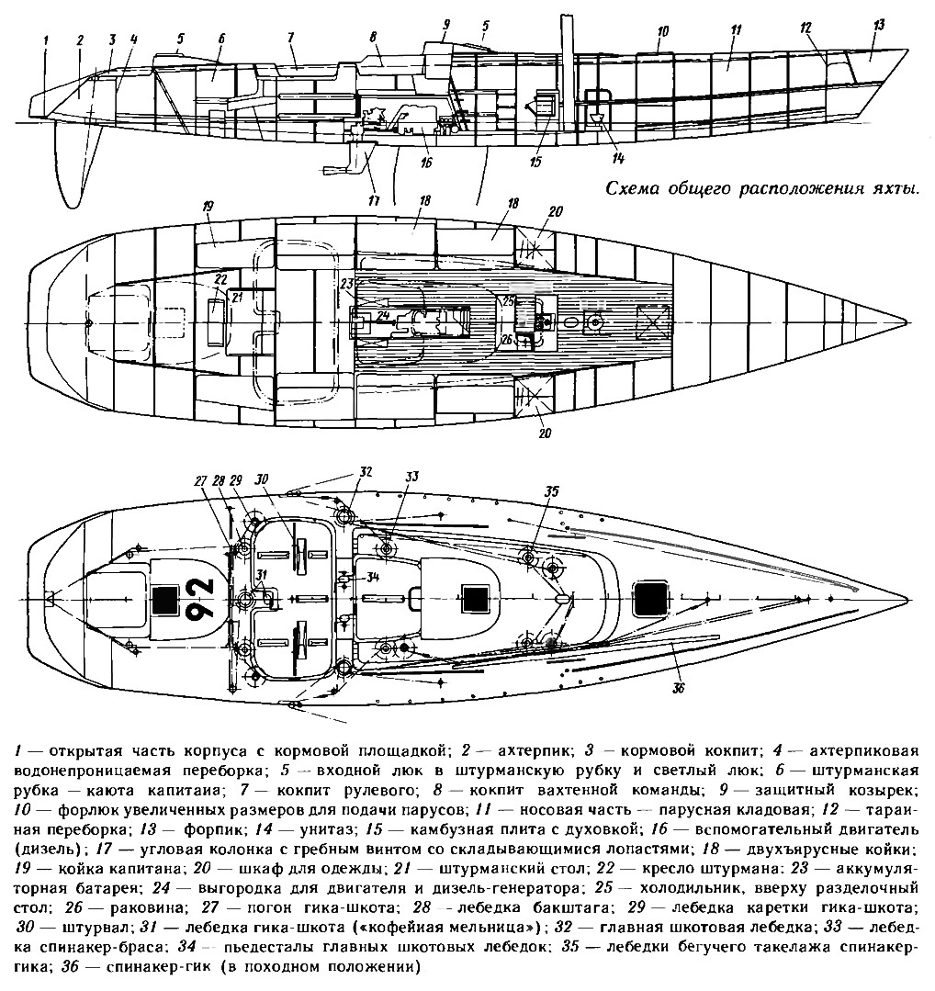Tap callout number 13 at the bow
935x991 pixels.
(878, 25)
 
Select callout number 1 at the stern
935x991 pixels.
(46, 39)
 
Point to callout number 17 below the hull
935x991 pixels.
(373, 201)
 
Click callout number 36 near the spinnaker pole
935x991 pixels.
(679, 688)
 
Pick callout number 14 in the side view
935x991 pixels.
(617, 159)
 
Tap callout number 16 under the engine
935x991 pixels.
(425, 163)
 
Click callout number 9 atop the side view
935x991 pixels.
(445, 26)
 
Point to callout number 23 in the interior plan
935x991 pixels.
(347, 284)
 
